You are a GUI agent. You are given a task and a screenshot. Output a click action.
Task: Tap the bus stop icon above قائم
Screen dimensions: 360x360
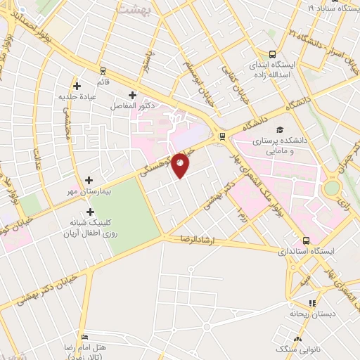103,70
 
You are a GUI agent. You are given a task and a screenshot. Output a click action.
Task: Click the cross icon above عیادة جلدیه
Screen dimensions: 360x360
77,86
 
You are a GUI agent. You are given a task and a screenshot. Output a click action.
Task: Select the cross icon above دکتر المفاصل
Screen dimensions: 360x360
132,95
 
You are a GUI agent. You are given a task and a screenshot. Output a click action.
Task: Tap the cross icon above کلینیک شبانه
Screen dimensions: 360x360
89,211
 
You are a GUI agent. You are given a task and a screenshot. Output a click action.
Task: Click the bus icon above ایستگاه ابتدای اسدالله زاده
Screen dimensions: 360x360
272,54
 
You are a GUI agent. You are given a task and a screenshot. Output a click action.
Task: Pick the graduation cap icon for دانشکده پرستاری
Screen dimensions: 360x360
281,130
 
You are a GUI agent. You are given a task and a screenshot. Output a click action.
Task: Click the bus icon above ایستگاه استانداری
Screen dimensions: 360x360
305,240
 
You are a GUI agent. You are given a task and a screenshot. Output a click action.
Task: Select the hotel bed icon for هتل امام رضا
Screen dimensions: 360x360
85,337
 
